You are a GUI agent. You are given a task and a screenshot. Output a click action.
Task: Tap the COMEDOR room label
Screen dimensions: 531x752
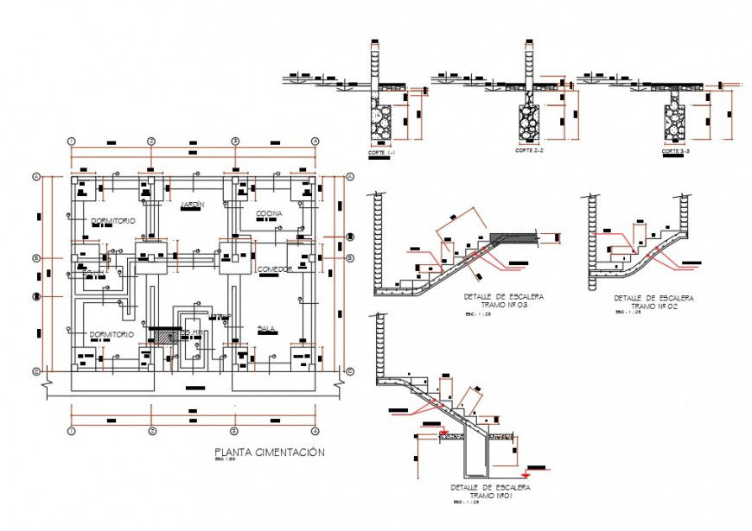[x=276, y=270]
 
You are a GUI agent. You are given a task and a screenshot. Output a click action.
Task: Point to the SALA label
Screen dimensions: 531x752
[x=266, y=329]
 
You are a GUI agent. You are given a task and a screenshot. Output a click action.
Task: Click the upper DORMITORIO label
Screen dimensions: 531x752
[x=113, y=222]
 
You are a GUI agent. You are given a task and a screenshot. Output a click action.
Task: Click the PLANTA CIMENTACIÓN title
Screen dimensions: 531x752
[x=269, y=452]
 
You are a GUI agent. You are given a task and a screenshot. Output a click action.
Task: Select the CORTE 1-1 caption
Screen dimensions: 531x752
[x=381, y=152]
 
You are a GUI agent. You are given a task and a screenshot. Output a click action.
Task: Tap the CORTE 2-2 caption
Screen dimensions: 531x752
[x=527, y=151]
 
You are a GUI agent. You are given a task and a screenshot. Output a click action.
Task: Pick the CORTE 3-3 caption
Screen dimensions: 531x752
[x=673, y=151]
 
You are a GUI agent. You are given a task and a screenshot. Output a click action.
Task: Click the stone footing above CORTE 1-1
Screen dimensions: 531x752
[x=380, y=118]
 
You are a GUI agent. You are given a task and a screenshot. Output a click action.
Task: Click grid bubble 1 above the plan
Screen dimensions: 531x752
[x=72, y=141]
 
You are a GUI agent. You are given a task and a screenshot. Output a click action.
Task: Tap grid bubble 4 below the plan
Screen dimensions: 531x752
[x=315, y=429]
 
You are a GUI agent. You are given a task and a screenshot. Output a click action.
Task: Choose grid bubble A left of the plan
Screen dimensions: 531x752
[x=36, y=177]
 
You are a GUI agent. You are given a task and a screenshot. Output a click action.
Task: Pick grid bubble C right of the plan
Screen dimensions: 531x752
[x=349, y=371]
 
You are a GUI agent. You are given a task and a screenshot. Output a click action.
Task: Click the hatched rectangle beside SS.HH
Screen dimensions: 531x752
[x=163, y=333]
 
